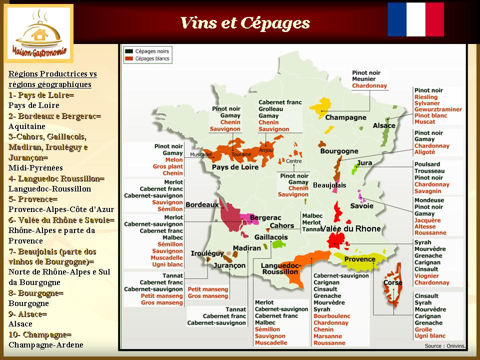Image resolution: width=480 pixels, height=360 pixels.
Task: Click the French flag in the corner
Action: click(415, 19)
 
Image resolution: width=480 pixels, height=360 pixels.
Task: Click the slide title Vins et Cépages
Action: click(244, 23)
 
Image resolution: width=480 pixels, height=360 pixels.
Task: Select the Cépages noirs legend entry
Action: click(148, 51)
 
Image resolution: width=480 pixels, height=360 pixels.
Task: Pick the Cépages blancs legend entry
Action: click(148, 58)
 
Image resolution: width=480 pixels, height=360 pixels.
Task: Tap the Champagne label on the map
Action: click(345, 118)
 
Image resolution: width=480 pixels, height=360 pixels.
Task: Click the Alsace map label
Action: click(384, 126)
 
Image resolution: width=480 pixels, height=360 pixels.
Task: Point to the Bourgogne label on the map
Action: click(339, 151)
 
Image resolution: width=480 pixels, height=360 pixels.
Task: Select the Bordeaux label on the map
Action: click(202, 205)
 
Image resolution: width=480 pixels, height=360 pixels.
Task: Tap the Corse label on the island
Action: click(392, 283)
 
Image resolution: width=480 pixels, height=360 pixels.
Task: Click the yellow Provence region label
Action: click(359, 259)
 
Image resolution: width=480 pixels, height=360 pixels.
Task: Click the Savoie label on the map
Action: click(361, 206)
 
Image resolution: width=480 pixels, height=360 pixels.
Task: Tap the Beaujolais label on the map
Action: click(329, 185)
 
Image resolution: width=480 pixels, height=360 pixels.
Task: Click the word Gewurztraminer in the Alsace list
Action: click(437, 109)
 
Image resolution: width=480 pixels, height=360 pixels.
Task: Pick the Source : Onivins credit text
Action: click(444, 345)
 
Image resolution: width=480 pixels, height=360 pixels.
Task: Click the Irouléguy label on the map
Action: click(206, 254)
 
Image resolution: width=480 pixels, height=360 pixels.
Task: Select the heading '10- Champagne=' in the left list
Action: click(40, 334)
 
